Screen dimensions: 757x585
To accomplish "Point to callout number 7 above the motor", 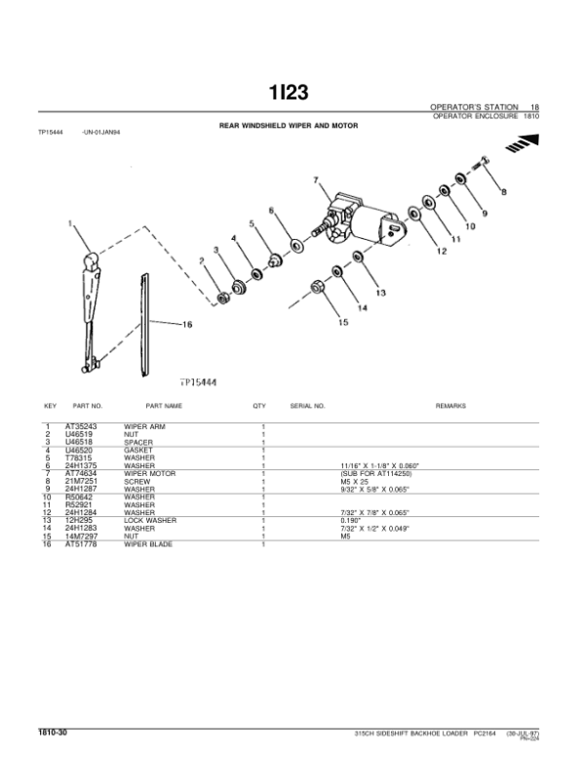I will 316,179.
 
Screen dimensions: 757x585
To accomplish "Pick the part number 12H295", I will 78,521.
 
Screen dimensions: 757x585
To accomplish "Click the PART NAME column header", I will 164,405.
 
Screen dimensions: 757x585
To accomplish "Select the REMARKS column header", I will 450,405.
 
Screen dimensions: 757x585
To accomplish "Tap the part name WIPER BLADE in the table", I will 147,543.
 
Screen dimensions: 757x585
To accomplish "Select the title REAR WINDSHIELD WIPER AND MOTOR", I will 289,126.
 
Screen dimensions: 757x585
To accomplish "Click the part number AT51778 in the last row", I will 83,543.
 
